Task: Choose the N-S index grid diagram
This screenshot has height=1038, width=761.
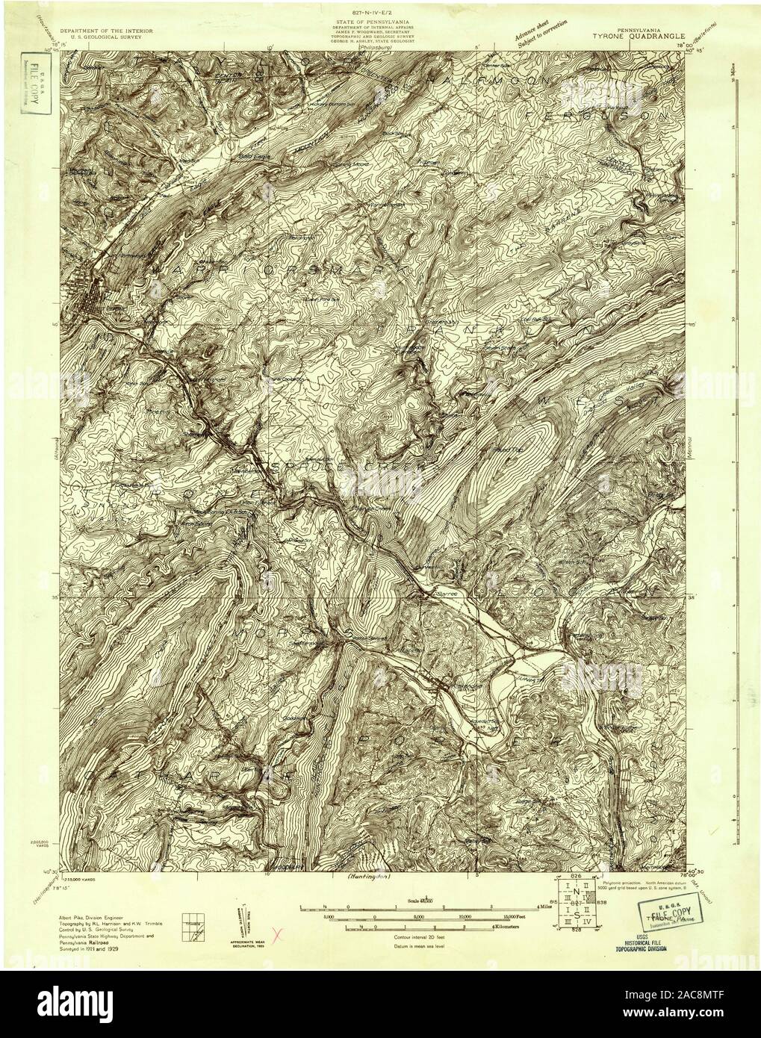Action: click(577, 904)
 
